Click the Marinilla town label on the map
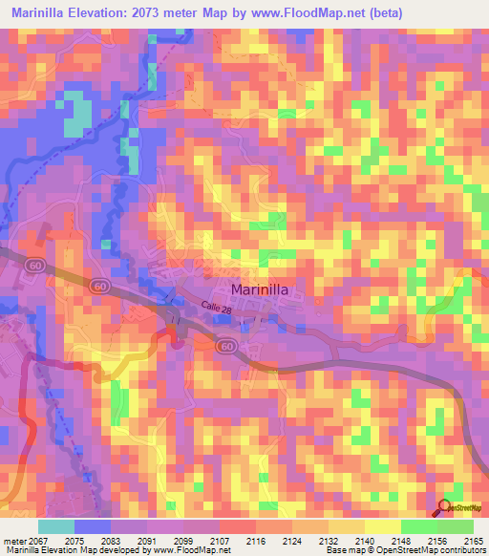262,289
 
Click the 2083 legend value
111,541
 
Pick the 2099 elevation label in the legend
183,541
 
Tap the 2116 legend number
256,541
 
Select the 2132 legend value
329,541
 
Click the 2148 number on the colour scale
401,541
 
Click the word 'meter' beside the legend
11,541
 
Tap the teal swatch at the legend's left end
56,526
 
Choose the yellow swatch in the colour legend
382,526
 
